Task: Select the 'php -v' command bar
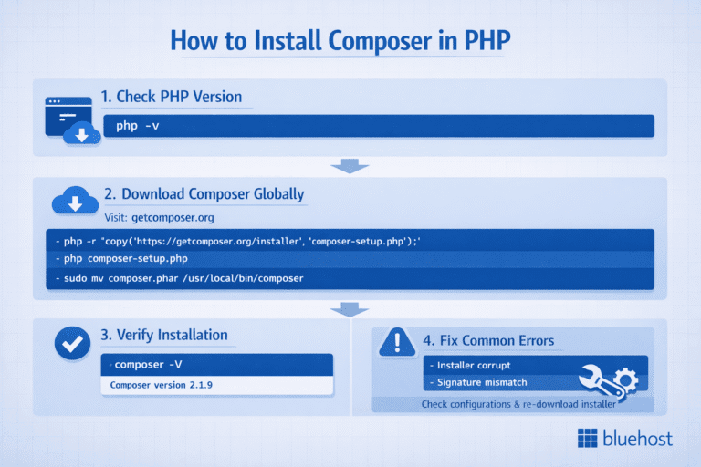379,126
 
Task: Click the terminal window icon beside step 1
68,118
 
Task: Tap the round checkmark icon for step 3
68,343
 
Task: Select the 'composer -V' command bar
215,364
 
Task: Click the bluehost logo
625,439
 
